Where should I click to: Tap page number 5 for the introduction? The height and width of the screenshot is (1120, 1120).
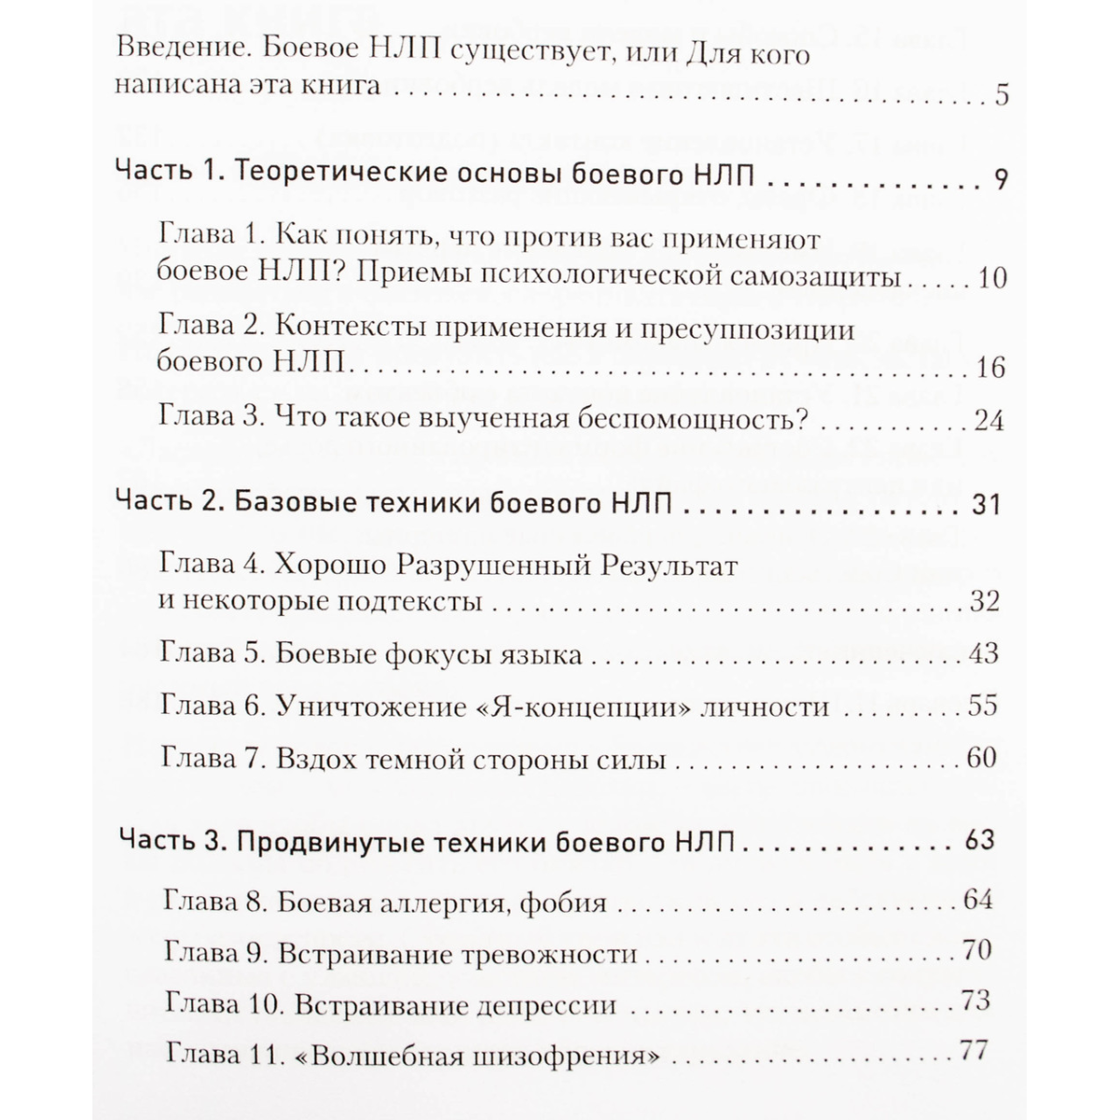pyautogui.click(x=1001, y=95)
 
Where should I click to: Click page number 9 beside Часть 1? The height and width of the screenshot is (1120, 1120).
pyautogui.click(x=1001, y=178)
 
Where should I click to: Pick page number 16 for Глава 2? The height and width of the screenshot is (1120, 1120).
pyautogui.click(x=990, y=367)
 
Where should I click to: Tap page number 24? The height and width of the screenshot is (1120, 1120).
pyautogui.click(x=987, y=420)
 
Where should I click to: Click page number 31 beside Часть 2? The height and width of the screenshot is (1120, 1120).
pyautogui.click(x=986, y=505)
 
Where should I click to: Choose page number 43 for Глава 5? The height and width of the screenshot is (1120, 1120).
pyautogui.click(x=984, y=652)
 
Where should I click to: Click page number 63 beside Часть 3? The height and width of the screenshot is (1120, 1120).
pyautogui.click(x=980, y=840)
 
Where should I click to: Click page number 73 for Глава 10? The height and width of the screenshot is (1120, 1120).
pyautogui.click(x=974, y=1001)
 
